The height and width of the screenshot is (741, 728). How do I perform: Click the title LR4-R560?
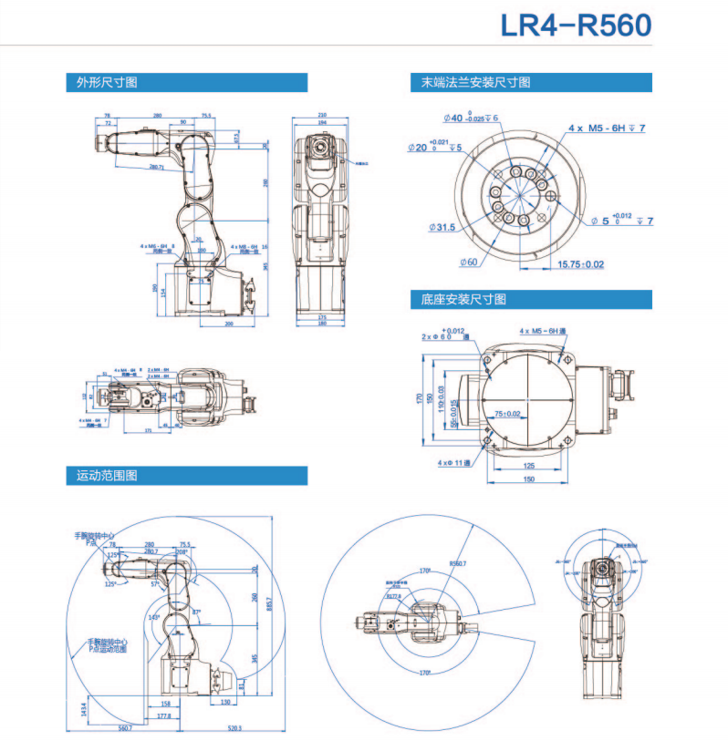click(x=576, y=25)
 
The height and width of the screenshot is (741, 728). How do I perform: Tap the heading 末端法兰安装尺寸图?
click(x=475, y=83)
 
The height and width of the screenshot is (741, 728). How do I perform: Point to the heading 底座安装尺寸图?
click(x=463, y=299)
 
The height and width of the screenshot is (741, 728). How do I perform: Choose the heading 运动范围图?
click(x=107, y=476)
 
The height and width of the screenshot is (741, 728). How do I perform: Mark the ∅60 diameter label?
click(x=467, y=262)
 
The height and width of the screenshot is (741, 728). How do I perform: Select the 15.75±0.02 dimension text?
click(x=580, y=264)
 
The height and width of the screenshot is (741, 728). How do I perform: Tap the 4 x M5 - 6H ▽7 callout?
click(x=607, y=129)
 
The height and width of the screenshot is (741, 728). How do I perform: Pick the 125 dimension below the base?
click(x=528, y=466)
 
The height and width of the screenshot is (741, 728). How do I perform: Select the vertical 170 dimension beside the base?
click(x=421, y=397)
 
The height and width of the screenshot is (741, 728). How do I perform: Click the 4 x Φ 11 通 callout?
click(x=453, y=463)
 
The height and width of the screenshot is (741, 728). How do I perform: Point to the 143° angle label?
click(x=154, y=617)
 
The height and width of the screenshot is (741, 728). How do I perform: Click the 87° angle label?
click(x=197, y=611)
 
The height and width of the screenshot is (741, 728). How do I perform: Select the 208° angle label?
click(x=182, y=551)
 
